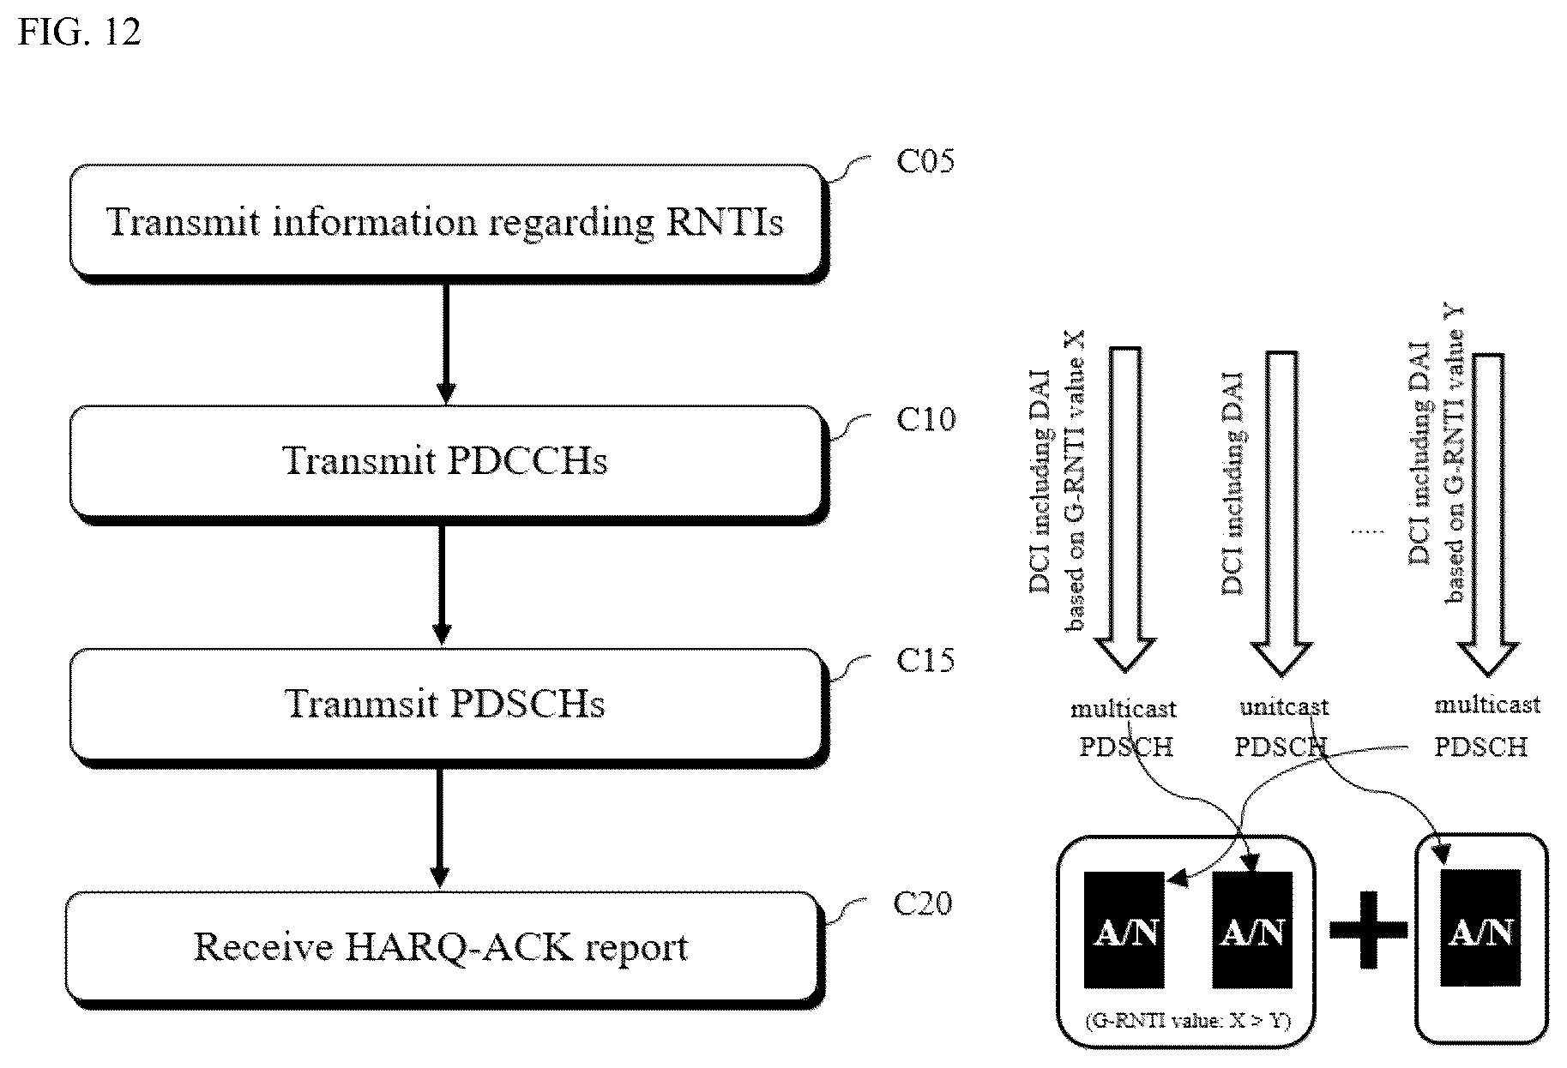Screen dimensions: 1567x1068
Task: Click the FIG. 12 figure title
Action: coord(79,32)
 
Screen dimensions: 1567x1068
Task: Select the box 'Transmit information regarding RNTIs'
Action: coord(448,223)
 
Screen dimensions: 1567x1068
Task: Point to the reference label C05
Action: coord(925,160)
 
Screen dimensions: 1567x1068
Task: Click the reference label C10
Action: coord(925,419)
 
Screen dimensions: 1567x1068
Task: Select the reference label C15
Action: coord(925,660)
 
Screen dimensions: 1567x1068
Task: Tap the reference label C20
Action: coord(923,903)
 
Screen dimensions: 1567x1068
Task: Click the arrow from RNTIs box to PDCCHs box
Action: coord(445,344)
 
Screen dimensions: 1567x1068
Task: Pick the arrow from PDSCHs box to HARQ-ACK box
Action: coord(440,828)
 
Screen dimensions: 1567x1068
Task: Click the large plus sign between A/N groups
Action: coord(1368,931)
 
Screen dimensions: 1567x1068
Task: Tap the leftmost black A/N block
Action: coord(1124,931)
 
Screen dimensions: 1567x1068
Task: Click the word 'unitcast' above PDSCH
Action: coord(1284,707)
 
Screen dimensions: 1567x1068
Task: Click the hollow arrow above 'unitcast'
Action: coord(1281,512)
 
